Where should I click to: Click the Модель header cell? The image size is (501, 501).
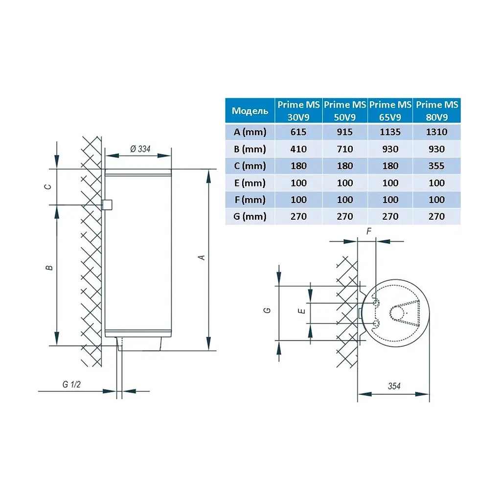click(250, 111)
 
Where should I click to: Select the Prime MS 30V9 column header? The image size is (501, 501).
click(298, 111)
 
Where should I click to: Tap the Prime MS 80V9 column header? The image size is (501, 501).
click(437, 111)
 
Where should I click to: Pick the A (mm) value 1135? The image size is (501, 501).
click(390, 132)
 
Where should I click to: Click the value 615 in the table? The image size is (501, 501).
click(298, 132)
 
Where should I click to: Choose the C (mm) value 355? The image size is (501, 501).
click(436, 166)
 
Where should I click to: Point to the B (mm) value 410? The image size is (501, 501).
click(298, 149)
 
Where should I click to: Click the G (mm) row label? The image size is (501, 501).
click(250, 217)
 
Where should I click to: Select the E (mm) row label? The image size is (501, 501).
click(250, 183)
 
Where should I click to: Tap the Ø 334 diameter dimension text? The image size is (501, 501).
click(140, 149)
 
